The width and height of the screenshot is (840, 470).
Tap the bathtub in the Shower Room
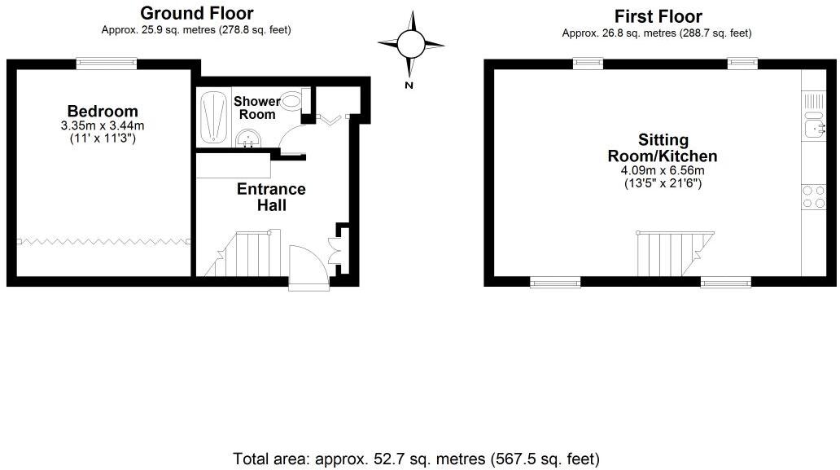tap(213, 118)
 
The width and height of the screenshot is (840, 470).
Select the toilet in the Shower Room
tap(291, 103)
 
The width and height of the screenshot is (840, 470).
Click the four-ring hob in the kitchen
tap(813, 195)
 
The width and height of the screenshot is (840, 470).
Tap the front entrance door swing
tap(308, 264)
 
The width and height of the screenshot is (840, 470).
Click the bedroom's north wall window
tap(107, 62)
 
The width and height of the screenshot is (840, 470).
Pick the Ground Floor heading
tap(196, 13)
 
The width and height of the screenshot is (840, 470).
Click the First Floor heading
tap(658, 16)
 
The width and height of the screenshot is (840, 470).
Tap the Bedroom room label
tap(103, 112)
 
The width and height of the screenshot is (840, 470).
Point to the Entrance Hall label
tap(271, 197)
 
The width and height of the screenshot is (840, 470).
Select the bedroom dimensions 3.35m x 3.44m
tap(103, 126)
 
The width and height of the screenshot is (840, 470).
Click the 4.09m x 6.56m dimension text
tap(663, 171)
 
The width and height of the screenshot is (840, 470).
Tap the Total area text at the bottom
tap(417, 459)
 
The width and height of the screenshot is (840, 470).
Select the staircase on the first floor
tap(675, 253)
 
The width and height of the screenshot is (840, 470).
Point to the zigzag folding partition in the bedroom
tap(103, 241)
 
